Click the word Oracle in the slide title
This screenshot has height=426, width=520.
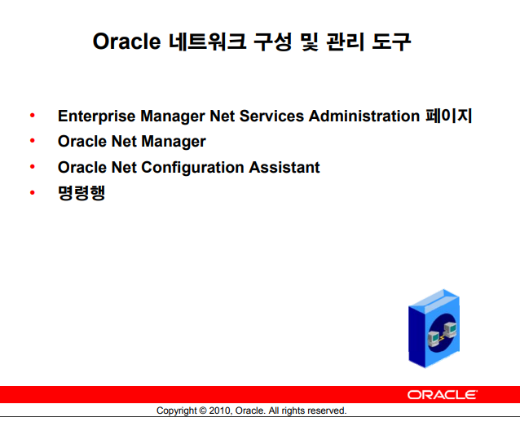pos(126,42)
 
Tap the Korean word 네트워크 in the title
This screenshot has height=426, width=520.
pos(207,42)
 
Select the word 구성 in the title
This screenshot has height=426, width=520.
pos(272,42)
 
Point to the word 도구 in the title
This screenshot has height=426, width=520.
pos(391,42)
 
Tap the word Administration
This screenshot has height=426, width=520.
pos(364,116)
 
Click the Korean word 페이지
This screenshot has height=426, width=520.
pos(449,116)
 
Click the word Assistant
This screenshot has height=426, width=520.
pos(284,167)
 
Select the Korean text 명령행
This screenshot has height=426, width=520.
pos(82,192)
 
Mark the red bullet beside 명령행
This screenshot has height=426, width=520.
pos(32,192)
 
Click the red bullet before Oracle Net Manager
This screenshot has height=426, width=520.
pos(32,141)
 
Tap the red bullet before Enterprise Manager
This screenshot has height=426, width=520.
pos(32,116)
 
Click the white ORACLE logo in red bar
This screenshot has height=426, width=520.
pos(442,395)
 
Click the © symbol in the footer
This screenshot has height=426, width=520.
pos(203,411)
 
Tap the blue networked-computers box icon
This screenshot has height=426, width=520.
pos(434,328)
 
